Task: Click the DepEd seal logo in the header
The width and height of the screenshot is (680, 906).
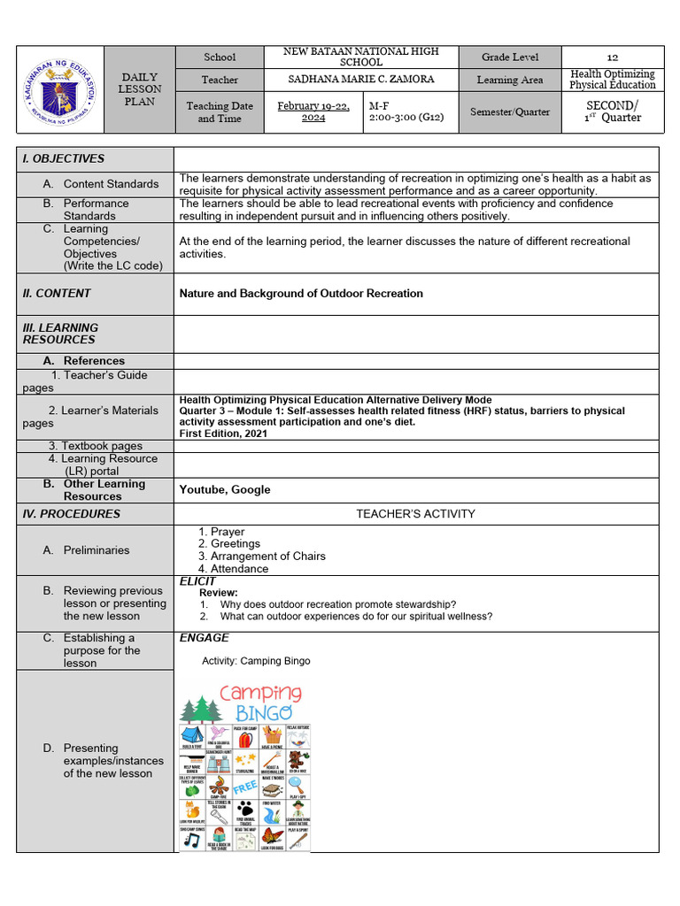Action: pos(59,89)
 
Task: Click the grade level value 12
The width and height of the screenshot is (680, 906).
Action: pos(612,57)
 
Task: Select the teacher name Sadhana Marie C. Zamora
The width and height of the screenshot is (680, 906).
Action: pos(361,80)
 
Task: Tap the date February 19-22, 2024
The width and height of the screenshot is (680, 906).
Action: pos(313,111)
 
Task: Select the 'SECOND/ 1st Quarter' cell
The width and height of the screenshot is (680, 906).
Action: pos(613,111)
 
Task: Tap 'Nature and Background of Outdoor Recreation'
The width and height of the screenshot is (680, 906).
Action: pos(301,293)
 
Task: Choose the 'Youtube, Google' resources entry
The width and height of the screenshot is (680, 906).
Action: pos(225,489)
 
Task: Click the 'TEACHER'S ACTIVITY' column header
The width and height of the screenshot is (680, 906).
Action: pos(415,513)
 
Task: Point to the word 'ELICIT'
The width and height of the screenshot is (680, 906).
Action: pos(197,581)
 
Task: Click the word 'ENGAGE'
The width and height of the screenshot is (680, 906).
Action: pos(204,637)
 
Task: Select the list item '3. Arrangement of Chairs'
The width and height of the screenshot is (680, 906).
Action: pos(261,556)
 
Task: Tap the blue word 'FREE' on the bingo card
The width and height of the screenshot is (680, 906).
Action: pos(244,787)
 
